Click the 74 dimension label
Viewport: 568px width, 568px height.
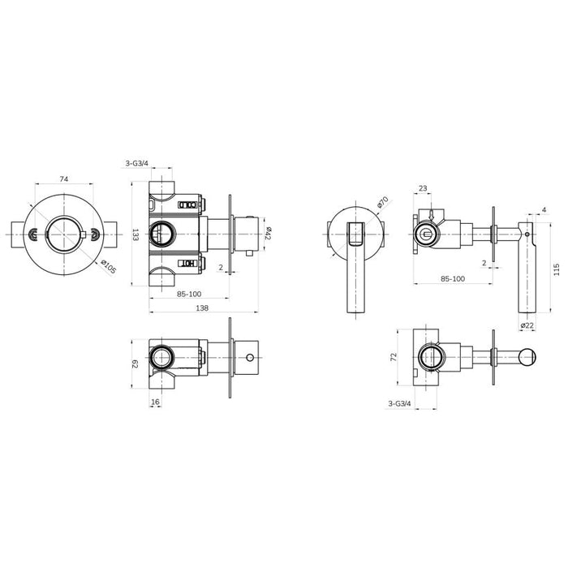[64, 179]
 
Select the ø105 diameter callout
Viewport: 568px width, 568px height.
[108, 267]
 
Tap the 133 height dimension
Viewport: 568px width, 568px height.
[136, 235]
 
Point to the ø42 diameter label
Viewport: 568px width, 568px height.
[269, 233]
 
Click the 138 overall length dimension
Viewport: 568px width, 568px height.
[202, 308]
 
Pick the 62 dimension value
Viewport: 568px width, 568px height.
[136, 364]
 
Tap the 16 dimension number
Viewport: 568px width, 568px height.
[155, 402]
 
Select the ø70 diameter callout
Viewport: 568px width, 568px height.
[382, 202]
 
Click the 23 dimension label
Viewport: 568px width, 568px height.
[423, 188]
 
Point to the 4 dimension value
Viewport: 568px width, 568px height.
[544, 209]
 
